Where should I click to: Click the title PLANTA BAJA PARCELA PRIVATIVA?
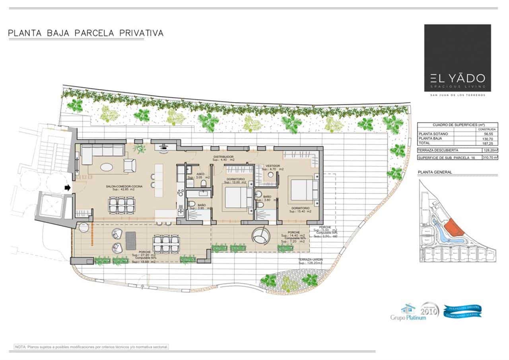85,33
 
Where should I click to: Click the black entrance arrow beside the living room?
68,187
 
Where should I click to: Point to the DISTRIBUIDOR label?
223,157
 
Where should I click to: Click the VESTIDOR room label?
273,165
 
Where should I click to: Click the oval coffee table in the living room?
109,167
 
